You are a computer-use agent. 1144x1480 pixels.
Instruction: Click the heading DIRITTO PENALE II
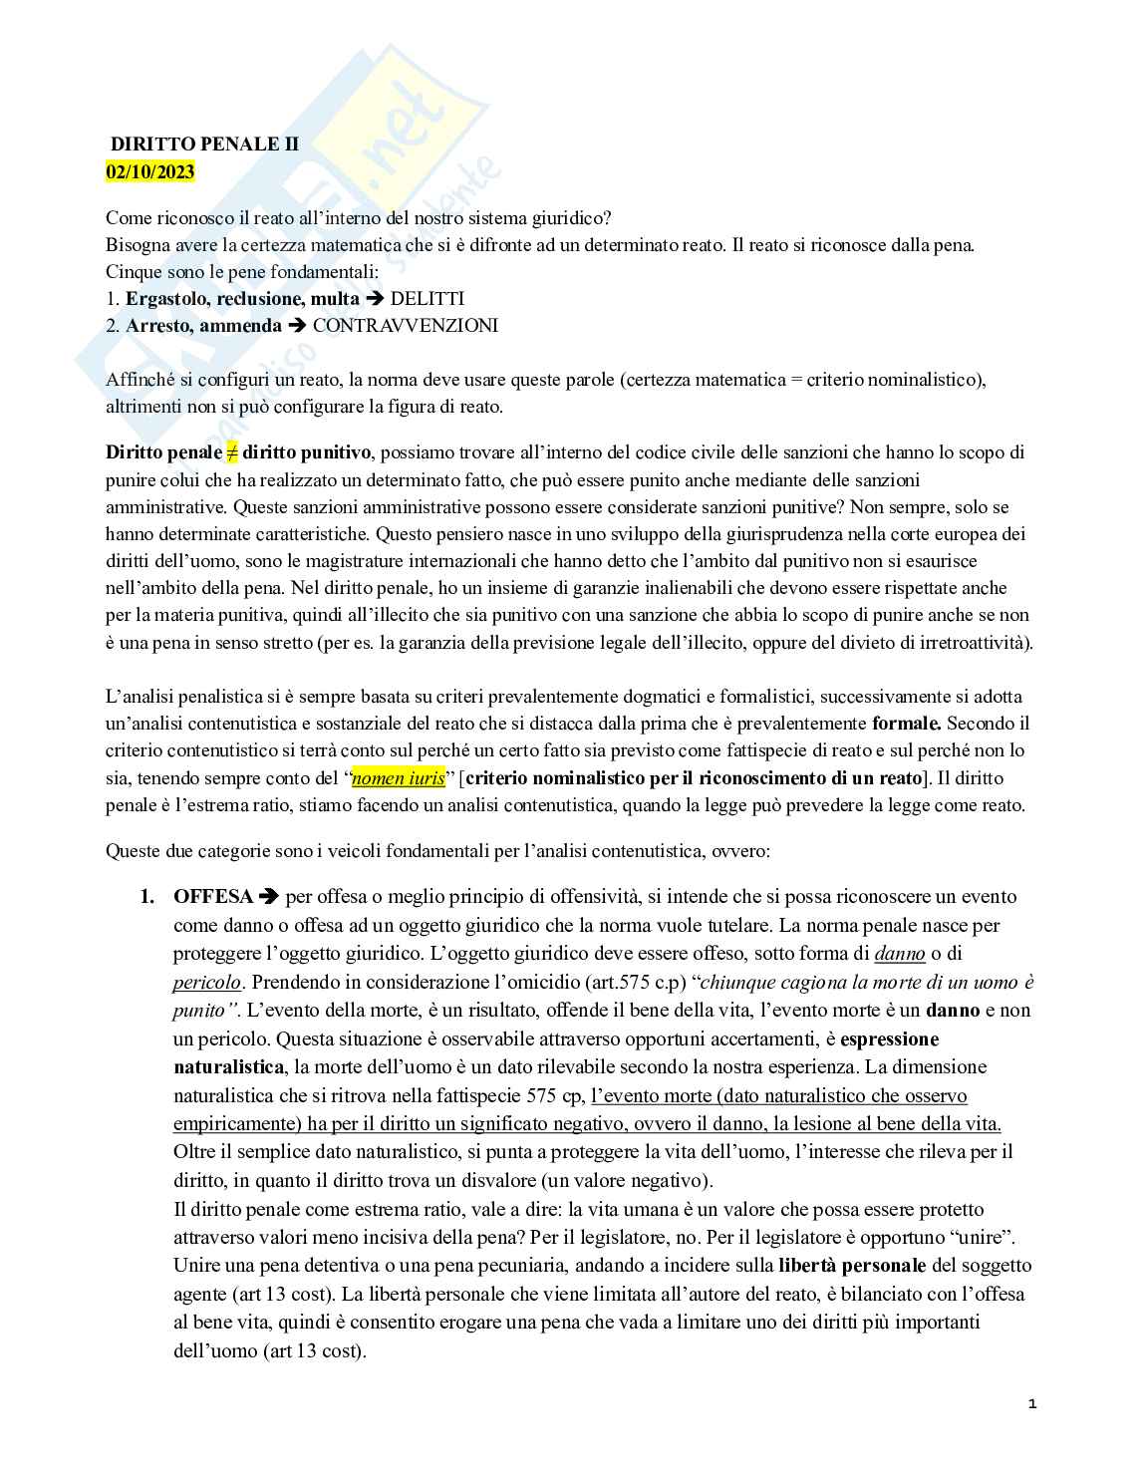tap(204, 145)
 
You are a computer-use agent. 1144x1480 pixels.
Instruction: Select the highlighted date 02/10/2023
tap(150, 171)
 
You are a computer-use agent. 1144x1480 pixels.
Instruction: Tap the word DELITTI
tap(427, 299)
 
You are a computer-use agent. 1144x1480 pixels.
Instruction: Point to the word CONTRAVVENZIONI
tap(405, 326)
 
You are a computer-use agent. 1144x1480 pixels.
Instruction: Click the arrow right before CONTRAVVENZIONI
tap(297, 326)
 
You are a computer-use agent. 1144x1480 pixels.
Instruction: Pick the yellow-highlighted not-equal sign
tap(232, 452)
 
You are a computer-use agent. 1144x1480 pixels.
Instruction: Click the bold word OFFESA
tap(213, 897)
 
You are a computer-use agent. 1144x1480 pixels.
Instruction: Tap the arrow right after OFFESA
tap(269, 897)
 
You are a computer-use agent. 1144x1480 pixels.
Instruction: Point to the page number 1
tap(1032, 1404)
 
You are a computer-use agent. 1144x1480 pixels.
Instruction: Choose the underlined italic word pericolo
tap(206, 983)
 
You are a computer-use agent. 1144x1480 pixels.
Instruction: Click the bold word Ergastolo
tap(163, 299)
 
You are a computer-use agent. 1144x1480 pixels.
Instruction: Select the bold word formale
tap(906, 724)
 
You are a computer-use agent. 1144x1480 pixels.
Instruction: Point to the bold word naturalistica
tap(227, 1067)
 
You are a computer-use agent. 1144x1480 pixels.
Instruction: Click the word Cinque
tap(133, 271)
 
